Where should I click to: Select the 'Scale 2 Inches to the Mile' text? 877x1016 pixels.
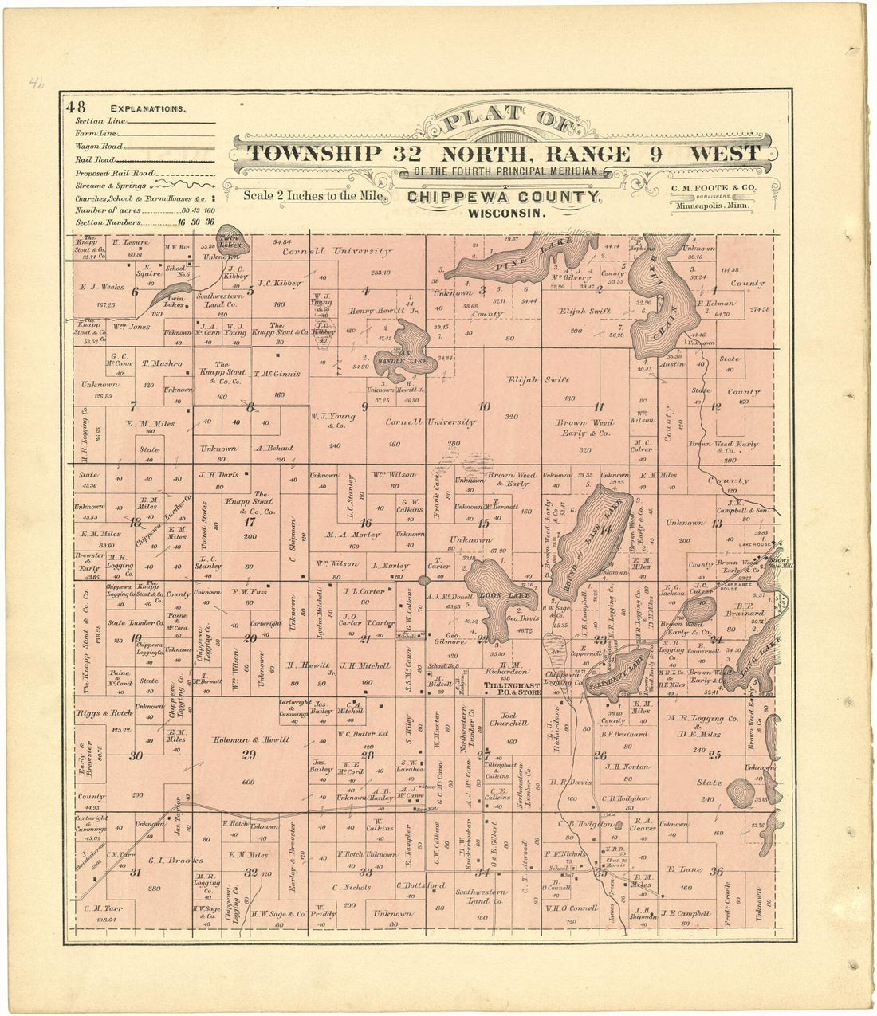tap(314, 195)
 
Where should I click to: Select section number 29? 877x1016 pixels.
tap(249, 755)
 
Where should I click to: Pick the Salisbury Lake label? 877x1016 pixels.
tap(615, 675)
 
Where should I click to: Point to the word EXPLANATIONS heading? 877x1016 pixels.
tap(148, 108)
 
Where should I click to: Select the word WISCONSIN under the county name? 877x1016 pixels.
tap(507, 214)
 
